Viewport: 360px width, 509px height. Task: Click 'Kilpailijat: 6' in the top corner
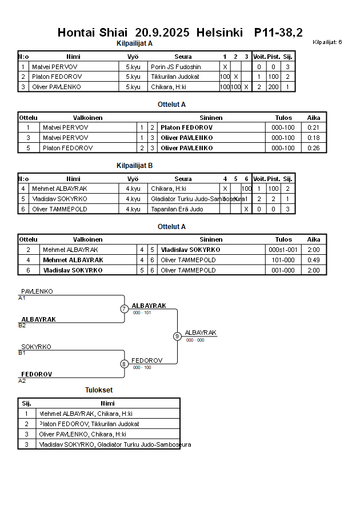[327, 42]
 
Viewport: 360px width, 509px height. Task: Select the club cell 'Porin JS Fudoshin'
[176, 67]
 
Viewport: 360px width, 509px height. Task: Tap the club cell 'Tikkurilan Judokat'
[175, 77]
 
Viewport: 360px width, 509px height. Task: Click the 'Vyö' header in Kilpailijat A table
[133, 57]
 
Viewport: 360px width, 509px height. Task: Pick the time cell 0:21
[314, 127]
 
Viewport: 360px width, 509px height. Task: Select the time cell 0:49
[314, 260]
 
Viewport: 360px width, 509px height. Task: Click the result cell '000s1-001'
[283, 250]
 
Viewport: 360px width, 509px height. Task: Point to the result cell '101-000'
[283, 260]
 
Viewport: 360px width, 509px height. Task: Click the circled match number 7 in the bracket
[124, 309]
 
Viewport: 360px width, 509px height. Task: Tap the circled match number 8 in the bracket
[124, 364]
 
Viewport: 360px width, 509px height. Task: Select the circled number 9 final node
[177, 336]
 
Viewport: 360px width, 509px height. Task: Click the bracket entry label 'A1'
[22, 298]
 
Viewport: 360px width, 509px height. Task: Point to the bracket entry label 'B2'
[22, 325]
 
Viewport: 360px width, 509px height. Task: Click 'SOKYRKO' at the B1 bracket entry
[36, 347]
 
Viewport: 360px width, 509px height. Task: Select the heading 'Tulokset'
[99, 390]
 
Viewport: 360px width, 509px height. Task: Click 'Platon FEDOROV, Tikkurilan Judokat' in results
[89, 424]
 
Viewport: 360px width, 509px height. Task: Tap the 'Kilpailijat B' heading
[134, 166]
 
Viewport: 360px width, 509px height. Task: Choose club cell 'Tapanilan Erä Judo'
[177, 209]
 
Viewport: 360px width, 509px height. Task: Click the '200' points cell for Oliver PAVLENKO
[273, 87]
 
